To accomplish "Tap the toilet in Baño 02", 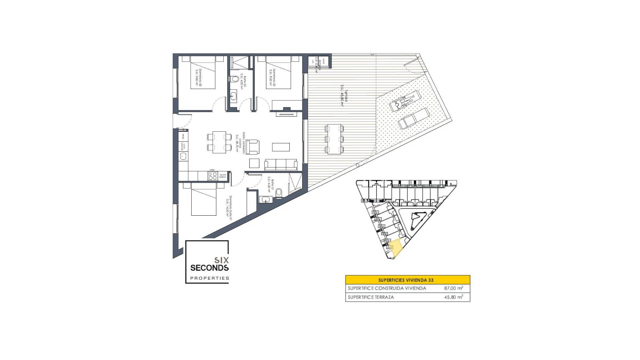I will [234, 79].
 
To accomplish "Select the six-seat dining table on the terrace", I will [334, 139].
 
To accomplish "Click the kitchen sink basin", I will [183, 156].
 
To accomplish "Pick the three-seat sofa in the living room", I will [281, 165].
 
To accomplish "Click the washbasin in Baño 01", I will [265, 199].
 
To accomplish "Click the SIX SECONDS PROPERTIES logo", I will [207, 262].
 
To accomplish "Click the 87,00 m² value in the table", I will [453, 288].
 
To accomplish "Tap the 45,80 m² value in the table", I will [453, 297].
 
